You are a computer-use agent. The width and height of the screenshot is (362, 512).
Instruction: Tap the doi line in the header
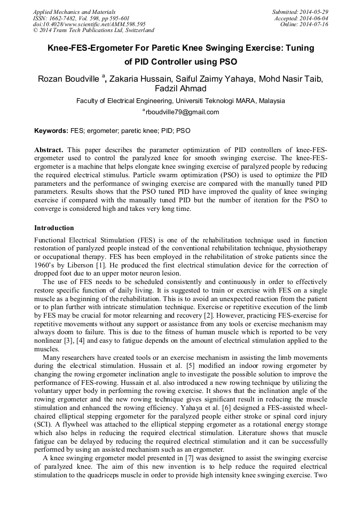89,25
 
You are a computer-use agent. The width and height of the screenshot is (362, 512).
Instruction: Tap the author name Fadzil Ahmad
180,89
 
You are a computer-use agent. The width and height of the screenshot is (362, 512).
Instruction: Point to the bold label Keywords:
51,130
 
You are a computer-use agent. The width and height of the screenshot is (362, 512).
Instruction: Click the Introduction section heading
54,228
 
